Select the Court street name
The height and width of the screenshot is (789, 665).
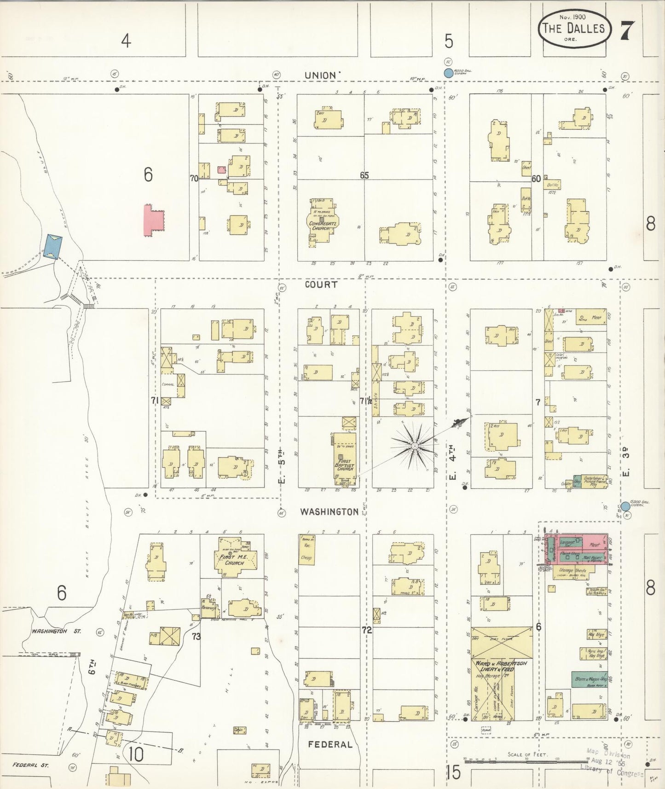click(x=321, y=284)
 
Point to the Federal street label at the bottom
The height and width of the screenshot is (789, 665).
click(x=330, y=744)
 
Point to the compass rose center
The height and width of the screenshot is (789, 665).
click(x=415, y=446)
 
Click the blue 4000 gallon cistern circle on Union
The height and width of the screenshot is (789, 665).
click(x=448, y=73)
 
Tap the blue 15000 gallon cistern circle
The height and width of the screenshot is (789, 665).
click(x=625, y=507)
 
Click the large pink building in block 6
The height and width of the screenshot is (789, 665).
click(x=154, y=221)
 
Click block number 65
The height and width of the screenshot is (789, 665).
click(x=364, y=175)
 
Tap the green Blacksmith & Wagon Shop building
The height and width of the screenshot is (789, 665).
click(x=588, y=679)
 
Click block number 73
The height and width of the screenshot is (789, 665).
click(x=197, y=637)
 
